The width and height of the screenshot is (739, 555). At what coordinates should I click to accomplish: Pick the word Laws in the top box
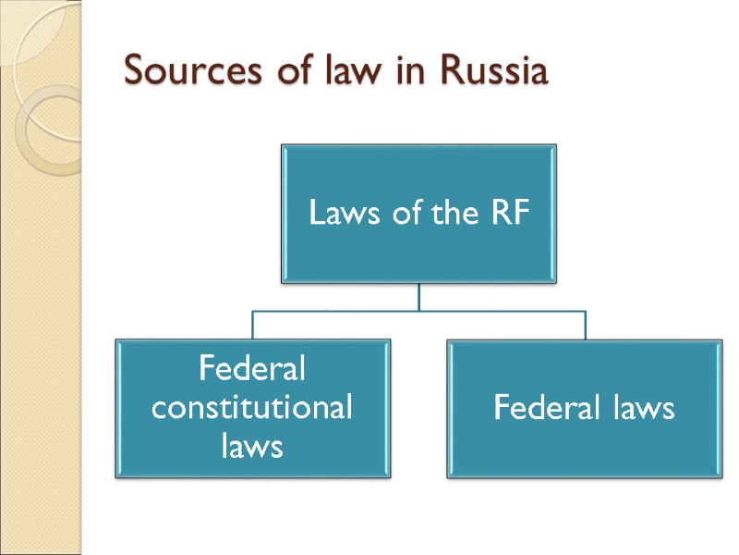[339, 216]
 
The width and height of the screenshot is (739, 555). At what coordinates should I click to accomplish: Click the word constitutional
[252, 408]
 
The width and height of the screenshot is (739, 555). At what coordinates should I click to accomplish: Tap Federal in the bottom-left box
[252, 371]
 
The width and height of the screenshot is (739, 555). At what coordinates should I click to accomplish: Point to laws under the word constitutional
[252, 447]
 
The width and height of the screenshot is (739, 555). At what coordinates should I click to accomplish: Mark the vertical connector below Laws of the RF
[419, 296]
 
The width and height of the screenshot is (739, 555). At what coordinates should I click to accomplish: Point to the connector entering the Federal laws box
[585, 326]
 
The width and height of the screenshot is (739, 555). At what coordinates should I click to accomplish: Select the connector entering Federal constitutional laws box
[253, 326]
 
